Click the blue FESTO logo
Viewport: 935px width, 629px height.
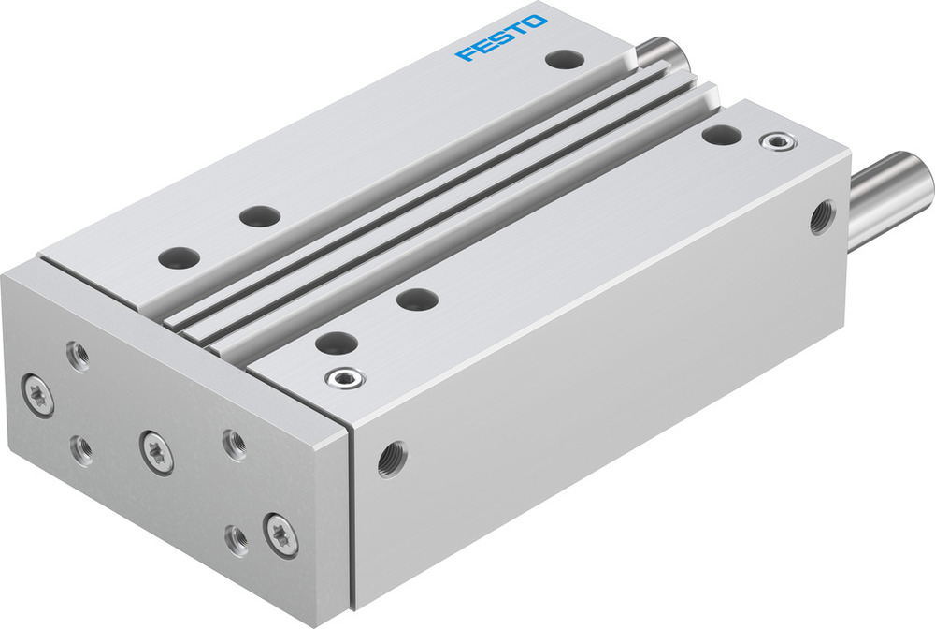[501, 37]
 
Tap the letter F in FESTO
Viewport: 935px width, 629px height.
[464, 54]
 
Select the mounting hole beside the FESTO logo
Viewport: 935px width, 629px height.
[564, 60]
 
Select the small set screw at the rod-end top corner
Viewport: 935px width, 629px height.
[773, 142]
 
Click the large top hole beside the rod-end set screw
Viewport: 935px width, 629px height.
[721, 134]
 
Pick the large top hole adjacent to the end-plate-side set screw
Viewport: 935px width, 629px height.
[336, 343]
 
